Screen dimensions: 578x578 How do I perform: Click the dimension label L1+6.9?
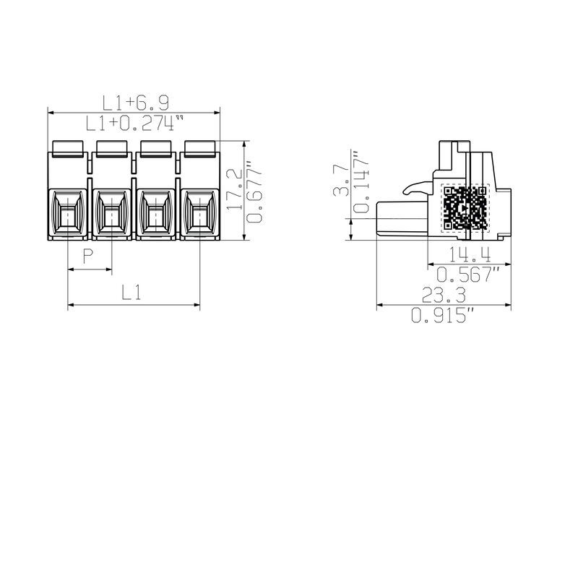(x=134, y=103)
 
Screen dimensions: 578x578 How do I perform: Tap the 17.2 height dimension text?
(x=233, y=189)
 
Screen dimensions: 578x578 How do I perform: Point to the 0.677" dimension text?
(x=254, y=191)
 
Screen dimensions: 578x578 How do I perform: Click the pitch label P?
(x=88, y=256)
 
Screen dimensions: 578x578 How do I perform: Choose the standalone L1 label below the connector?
(x=131, y=293)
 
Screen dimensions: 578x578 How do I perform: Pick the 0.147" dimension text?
(x=361, y=182)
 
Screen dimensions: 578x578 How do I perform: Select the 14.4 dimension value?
(x=468, y=254)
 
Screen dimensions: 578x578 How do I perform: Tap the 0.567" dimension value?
(x=469, y=275)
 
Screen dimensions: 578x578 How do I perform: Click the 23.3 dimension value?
(x=443, y=295)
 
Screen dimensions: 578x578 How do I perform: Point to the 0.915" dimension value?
(x=443, y=315)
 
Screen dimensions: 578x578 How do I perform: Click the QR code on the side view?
(x=465, y=207)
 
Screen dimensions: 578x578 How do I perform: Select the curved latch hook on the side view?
(x=414, y=188)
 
